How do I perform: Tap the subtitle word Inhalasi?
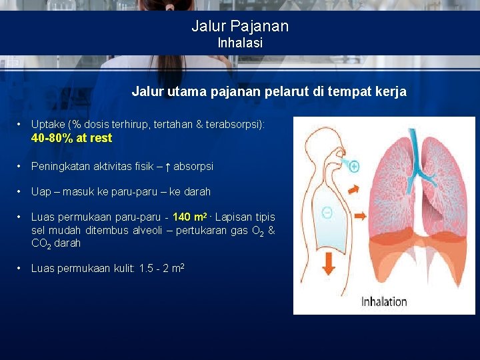[240, 43]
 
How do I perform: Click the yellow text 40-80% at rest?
[71, 138]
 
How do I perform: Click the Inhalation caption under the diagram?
[384, 301]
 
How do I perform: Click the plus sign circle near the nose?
[354, 166]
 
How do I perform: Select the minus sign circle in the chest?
[327, 213]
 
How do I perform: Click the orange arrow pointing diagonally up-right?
[354, 189]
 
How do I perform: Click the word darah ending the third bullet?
[197, 192]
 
